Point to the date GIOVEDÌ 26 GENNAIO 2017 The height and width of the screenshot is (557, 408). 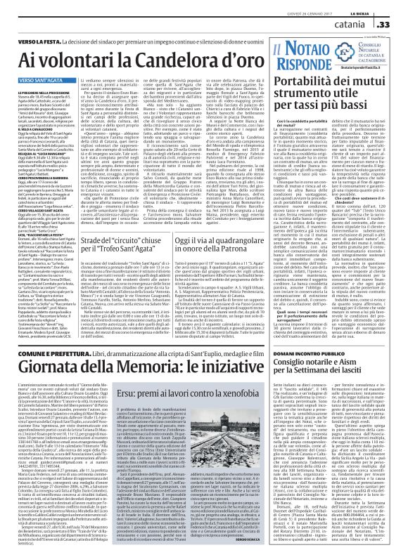(x=228, y=7)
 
